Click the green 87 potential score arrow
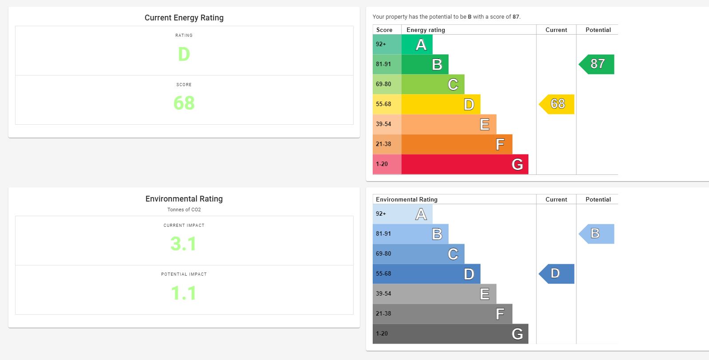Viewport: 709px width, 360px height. click(597, 64)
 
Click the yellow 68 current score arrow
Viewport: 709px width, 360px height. click(557, 104)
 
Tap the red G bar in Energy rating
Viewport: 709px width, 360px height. click(464, 164)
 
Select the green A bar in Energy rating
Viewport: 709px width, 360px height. click(417, 44)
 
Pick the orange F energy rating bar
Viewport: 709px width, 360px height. click(457, 144)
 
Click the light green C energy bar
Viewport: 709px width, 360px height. click(433, 84)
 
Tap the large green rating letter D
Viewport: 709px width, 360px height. click(184, 55)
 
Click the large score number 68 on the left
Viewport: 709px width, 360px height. click(184, 103)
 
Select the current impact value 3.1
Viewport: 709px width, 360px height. click(184, 244)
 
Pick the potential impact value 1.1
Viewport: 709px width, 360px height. click(184, 293)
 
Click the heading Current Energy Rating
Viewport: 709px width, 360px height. click(184, 18)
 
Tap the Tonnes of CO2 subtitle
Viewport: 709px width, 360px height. click(184, 210)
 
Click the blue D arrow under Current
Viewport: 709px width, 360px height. click(557, 274)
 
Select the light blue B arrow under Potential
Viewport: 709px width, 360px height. click(597, 234)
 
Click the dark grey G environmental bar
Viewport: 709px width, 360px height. click(450, 334)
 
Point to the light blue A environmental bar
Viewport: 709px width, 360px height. click(402, 214)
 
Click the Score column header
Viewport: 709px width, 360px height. click(384, 30)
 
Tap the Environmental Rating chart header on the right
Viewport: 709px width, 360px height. click(407, 199)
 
